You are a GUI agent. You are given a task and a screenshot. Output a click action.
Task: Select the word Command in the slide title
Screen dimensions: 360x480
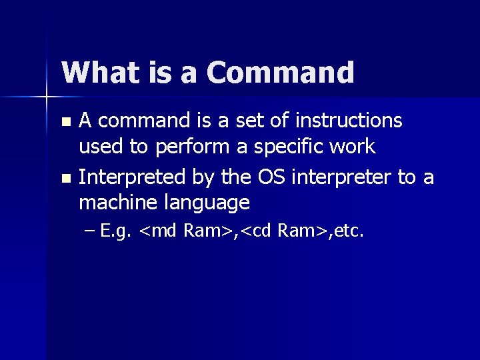280,73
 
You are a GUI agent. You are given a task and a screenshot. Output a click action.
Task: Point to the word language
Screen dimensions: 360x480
203,202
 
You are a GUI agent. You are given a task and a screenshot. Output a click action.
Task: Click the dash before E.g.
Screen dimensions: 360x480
91,232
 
